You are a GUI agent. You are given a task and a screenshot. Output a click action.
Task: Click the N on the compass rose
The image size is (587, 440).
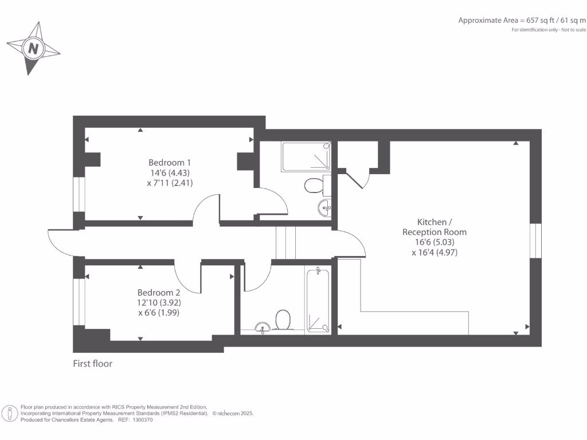click(34, 49)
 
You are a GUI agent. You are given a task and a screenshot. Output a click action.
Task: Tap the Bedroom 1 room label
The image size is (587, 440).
click(170, 162)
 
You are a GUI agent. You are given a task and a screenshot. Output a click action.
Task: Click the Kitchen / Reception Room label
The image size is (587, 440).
click(434, 227)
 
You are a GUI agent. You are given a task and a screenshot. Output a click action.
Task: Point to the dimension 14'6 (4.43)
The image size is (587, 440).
click(170, 173)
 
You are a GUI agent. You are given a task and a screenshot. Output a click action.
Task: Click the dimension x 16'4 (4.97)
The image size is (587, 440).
click(434, 252)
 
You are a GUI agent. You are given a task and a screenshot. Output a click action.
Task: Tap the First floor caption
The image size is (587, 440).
click(92, 363)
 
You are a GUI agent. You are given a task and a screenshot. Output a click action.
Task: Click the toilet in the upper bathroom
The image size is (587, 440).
click(314, 186)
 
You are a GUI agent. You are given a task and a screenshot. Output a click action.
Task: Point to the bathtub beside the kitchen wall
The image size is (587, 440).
click(319, 300)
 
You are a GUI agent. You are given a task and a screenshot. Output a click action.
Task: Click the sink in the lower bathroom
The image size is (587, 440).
click(263, 328)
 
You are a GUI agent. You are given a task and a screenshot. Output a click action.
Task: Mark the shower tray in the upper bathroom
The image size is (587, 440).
click(306, 156)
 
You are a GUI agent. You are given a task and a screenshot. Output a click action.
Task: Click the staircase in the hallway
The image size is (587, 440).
click(285, 242)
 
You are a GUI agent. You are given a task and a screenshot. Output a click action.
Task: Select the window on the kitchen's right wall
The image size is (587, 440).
click(535, 240)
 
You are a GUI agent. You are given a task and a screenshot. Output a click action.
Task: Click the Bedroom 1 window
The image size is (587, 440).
click(79, 195)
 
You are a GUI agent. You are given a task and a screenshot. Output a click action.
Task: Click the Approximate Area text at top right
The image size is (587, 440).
click(522, 21)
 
